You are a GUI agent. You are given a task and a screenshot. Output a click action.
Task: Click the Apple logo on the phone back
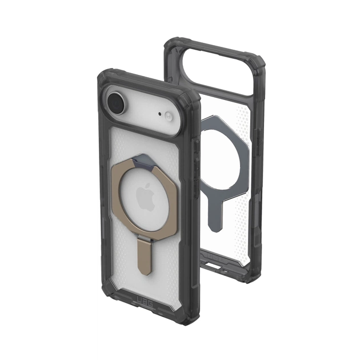(145, 197)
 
